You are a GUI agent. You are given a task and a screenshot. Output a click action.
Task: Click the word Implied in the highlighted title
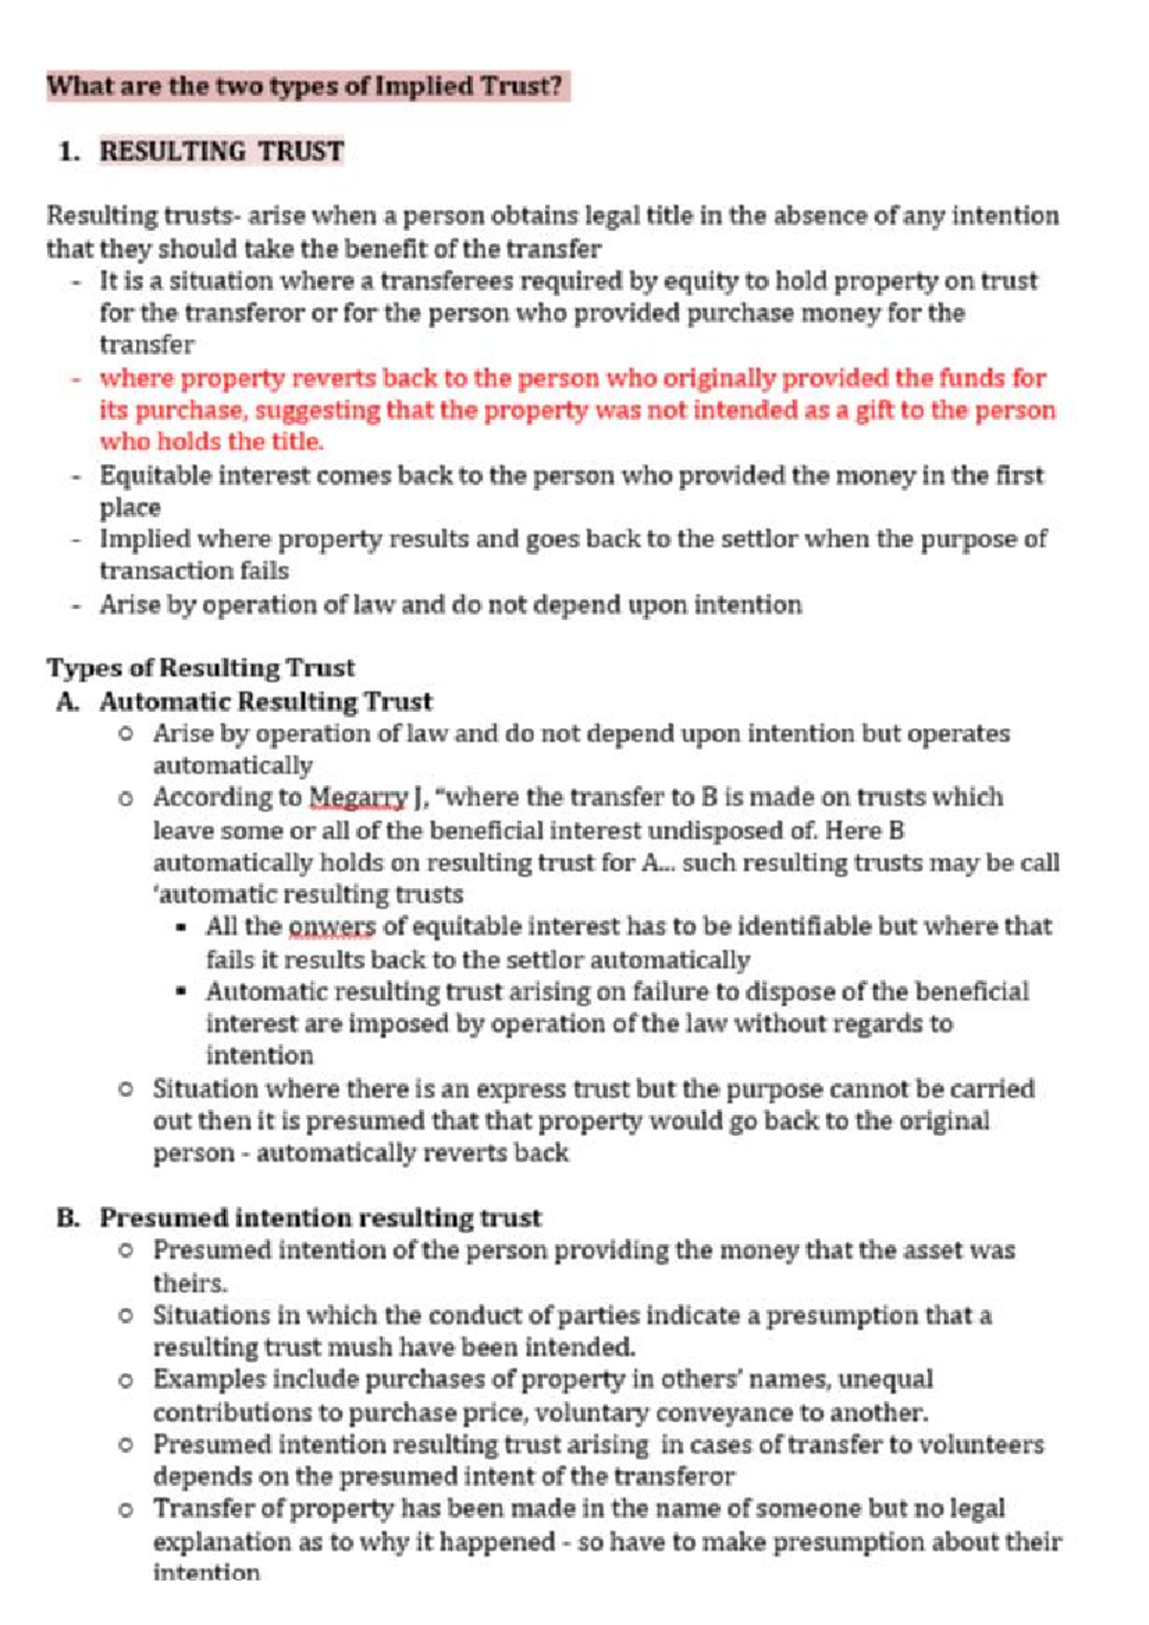tap(424, 86)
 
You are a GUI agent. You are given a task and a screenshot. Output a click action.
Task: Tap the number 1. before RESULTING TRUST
tap(68, 151)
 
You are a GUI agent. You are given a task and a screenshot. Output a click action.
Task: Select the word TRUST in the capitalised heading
tap(301, 151)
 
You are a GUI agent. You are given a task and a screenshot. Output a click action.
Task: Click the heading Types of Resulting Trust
tap(201, 667)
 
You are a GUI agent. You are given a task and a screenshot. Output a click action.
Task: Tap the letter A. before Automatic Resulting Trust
tap(67, 701)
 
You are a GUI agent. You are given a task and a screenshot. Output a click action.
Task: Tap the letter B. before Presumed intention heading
tap(68, 1217)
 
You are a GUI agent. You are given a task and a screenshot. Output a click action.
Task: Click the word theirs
tap(190, 1282)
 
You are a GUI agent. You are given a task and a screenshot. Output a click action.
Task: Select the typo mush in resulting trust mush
tap(353, 1347)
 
